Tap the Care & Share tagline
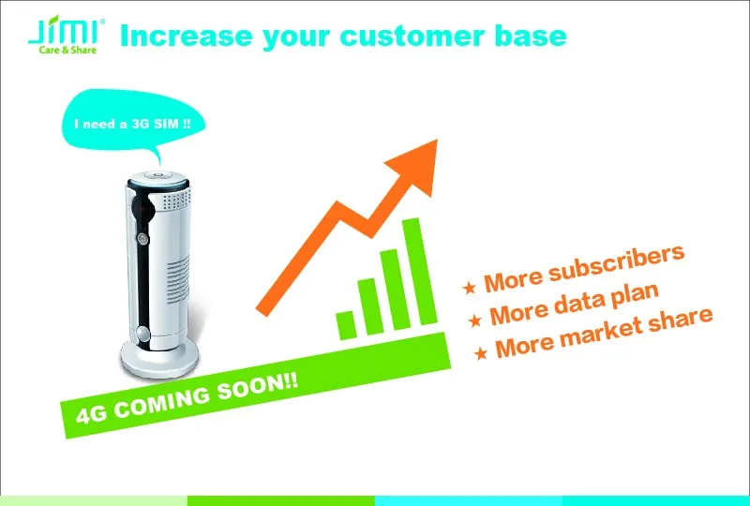click(67, 50)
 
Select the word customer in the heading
click(412, 37)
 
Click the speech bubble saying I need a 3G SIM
click(133, 122)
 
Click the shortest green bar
click(347, 325)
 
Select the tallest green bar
click(419, 271)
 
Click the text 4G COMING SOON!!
click(187, 398)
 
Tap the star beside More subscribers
click(470, 287)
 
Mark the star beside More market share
click(481, 353)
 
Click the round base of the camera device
click(159, 358)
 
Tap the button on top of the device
click(157, 174)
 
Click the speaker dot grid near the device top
click(176, 200)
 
